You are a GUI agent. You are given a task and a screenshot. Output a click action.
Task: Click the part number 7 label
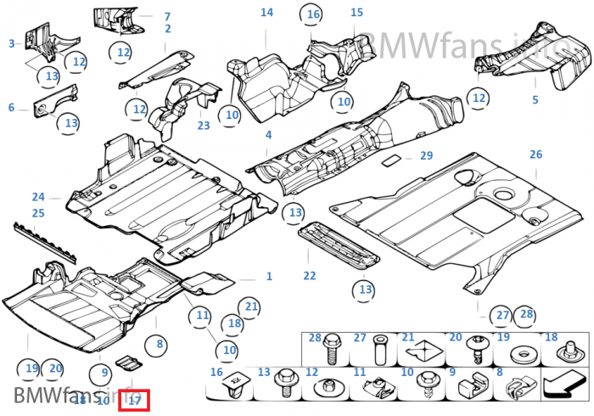pos(167,16)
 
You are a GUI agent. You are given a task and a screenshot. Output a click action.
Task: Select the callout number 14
pos(266,12)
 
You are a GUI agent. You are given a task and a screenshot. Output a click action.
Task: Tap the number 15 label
pos(356,12)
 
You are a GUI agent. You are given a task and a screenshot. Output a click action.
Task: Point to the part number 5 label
pos(535,100)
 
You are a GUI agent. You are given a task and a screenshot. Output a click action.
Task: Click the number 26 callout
pos(535,155)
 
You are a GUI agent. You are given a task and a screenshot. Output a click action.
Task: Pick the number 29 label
pos(426,155)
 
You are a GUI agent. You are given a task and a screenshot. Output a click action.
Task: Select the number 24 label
pos(38,197)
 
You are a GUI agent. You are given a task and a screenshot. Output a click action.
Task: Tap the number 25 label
pos(38,213)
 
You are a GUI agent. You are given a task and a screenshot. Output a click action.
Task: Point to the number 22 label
pos(309,276)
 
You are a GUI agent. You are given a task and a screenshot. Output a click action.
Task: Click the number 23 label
pos(204,126)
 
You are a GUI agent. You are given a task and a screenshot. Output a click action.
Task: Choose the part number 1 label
pos(269,277)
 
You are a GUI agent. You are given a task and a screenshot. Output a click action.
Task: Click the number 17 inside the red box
pos(135,400)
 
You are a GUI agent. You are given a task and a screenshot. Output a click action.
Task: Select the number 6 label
pos(11,108)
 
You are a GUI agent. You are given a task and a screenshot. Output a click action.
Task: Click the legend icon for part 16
pos(233,388)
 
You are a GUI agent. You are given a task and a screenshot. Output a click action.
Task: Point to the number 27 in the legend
pos(360,338)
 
